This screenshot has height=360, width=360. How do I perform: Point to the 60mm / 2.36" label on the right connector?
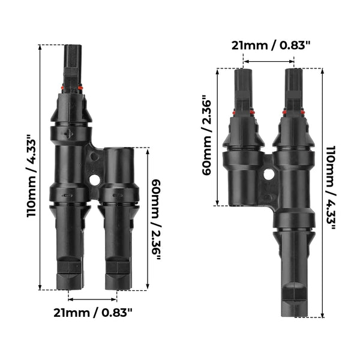tap(205, 135)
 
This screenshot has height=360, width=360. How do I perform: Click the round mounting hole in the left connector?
tap(95, 179)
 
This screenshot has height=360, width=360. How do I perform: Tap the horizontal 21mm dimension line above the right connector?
tap(269, 61)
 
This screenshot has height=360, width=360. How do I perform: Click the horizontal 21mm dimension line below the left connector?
tap(93, 298)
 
